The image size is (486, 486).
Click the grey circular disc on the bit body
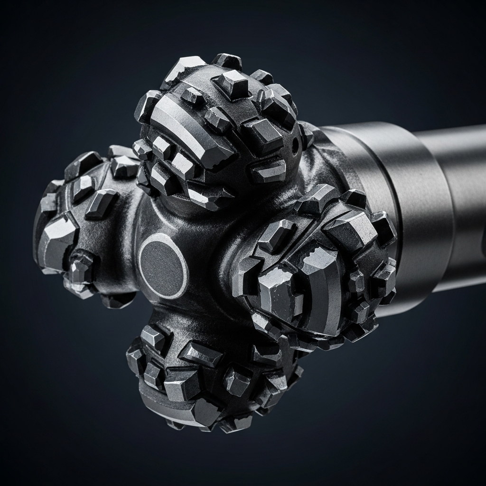[163, 264]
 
